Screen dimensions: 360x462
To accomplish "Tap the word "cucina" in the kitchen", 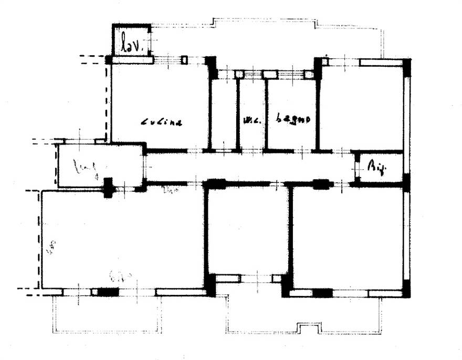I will pos(162,122).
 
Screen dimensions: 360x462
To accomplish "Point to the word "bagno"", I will pos(293,119).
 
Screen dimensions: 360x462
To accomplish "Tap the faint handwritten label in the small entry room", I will pos(86,169).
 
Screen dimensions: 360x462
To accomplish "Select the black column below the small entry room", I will pos(108,187).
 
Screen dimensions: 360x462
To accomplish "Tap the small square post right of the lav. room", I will pos(184,59).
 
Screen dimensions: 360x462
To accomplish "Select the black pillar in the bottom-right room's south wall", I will pos(322,292).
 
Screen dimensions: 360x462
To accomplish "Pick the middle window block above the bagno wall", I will pos(269,74).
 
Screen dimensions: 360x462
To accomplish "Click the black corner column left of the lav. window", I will pos(109,60).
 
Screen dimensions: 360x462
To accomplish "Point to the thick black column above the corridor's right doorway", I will pos(320,184).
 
